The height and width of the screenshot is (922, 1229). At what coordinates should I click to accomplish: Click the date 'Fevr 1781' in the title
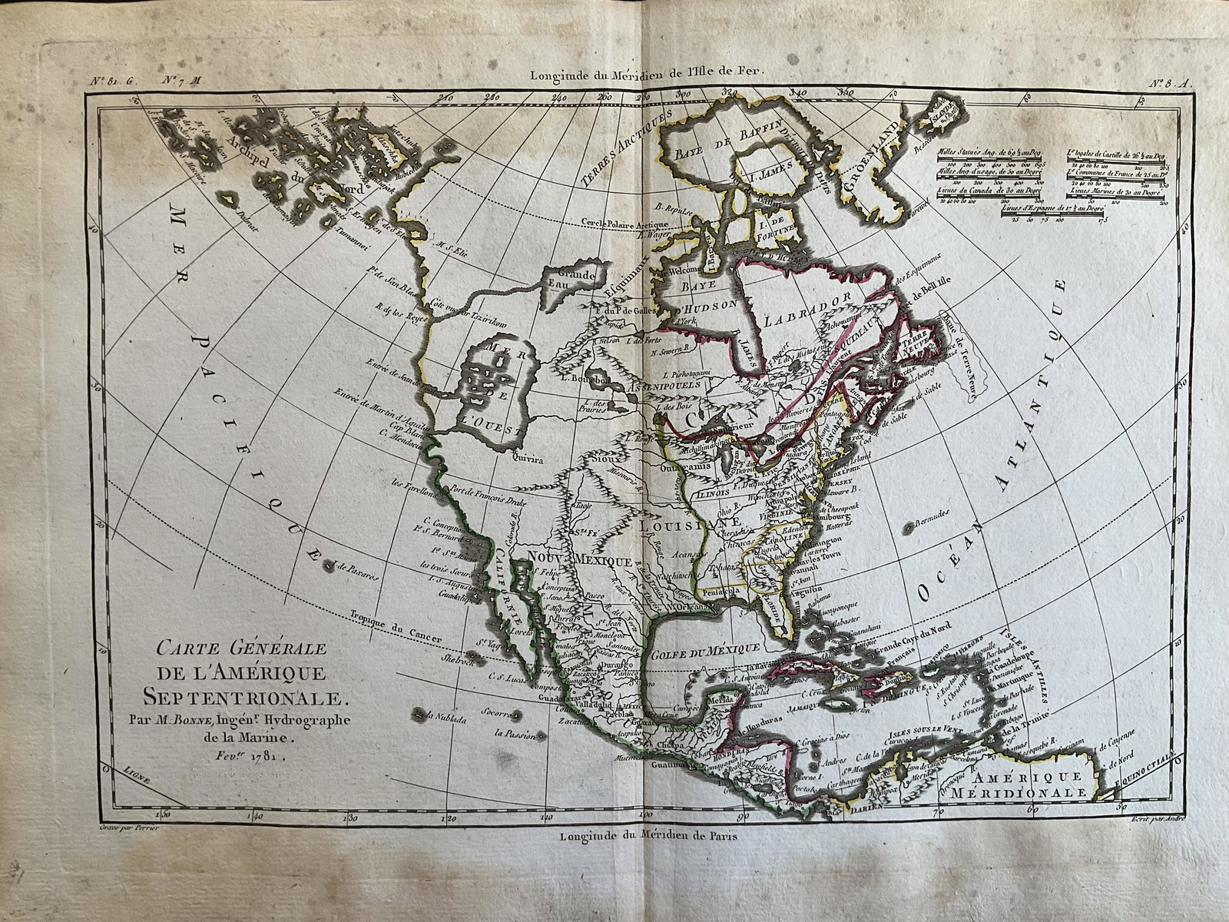click(x=244, y=756)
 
